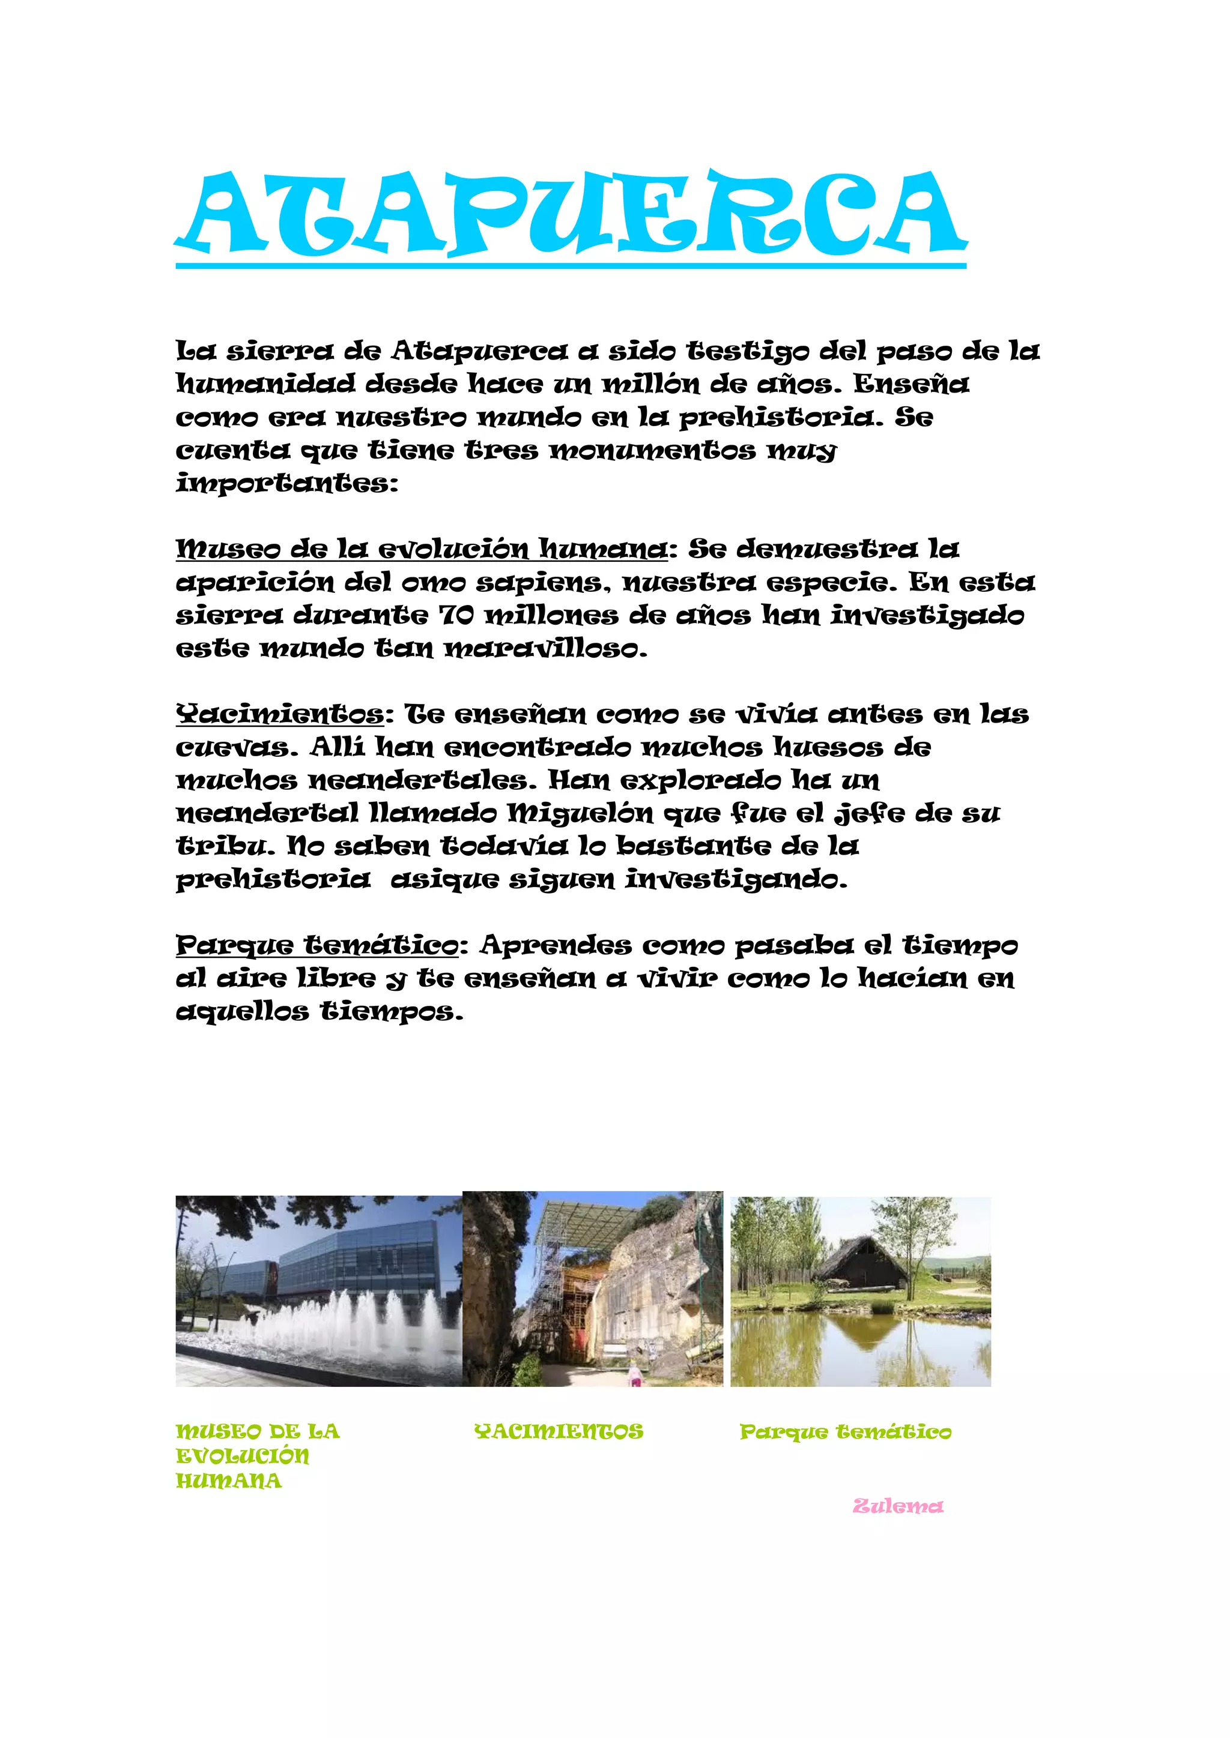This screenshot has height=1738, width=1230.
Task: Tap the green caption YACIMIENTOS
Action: click(x=558, y=1431)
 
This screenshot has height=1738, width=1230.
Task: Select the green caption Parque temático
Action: click(x=845, y=1432)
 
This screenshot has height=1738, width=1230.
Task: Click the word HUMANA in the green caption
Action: click(x=229, y=1481)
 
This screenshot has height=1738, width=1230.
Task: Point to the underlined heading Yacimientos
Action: click(x=280, y=715)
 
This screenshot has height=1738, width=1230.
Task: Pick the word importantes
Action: click(x=286, y=484)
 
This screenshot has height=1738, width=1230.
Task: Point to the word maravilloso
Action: click(x=545, y=649)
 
